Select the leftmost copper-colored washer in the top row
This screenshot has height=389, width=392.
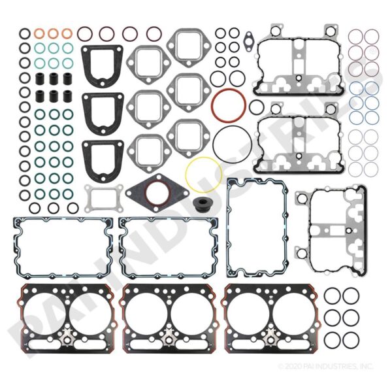39,33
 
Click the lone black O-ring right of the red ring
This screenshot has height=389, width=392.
256,107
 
